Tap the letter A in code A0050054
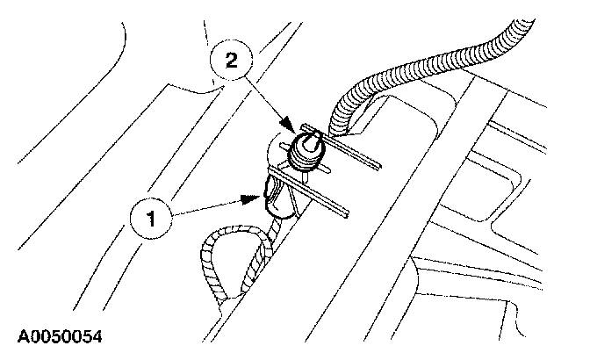point(19,336)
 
